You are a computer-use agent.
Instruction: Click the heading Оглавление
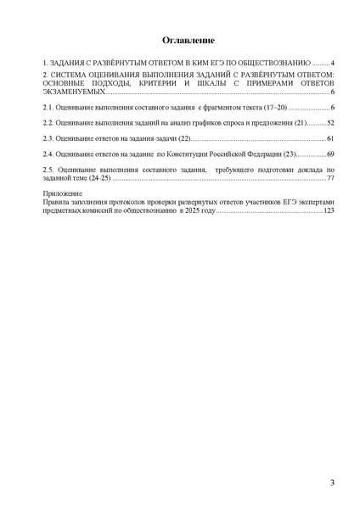tap(180, 41)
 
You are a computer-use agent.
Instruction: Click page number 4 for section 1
tap(334, 64)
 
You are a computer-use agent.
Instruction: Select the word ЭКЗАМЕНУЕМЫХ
tap(76, 92)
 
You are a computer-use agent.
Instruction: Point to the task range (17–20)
tap(274, 109)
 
